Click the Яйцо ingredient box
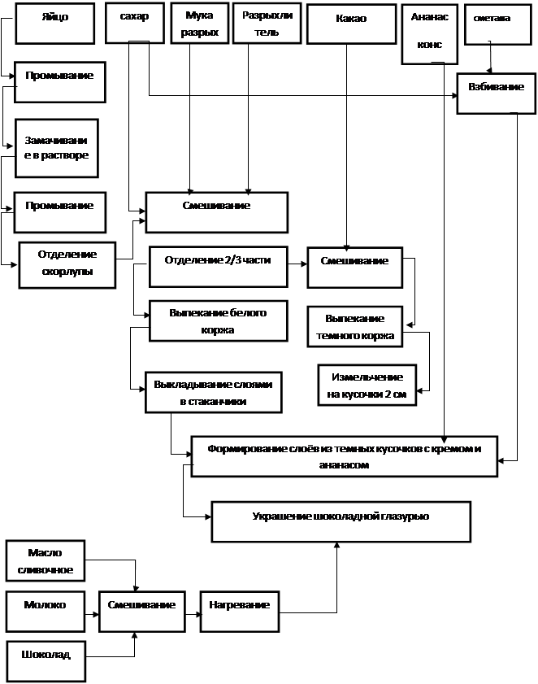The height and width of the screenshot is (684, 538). pyautogui.click(x=55, y=24)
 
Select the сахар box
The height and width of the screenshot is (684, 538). pyautogui.click(x=135, y=23)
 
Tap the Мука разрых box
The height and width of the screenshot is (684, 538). pyautogui.click(x=200, y=23)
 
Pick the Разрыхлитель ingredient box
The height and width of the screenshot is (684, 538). pyautogui.click(x=267, y=23)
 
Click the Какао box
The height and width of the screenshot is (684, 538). pyautogui.click(x=351, y=24)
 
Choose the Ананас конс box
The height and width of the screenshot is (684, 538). pyautogui.click(x=429, y=34)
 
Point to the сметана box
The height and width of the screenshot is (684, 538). pyautogui.click(x=498, y=24)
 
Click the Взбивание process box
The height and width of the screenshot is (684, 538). pyautogui.click(x=496, y=94)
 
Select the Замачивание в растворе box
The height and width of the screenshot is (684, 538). pyautogui.click(x=57, y=148)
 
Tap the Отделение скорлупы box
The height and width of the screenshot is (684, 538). pyautogui.click(x=67, y=265)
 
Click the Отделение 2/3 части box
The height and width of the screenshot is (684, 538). pyautogui.click(x=219, y=267)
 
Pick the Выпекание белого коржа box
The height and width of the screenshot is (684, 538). pyautogui.click(x=219, y=320)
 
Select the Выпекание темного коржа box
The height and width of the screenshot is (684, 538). pyautogui.click(x=355, y=327)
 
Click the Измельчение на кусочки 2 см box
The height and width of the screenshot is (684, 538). pyautogui.click(x=367, y=386)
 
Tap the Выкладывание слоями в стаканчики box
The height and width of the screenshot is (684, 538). pyautogui.click(x=214, y=392)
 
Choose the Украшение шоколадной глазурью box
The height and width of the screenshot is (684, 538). pyautogui.click(x=341, y=521)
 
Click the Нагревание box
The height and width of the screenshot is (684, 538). pyautogui.click(x=240, y=612)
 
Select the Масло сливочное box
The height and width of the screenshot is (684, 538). pyautogui.click(x=46, y=561)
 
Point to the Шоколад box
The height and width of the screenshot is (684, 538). pyautogui.click(x=46, y=661)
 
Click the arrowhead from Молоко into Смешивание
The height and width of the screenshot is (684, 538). pyautogui.click(x=96, y=614)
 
